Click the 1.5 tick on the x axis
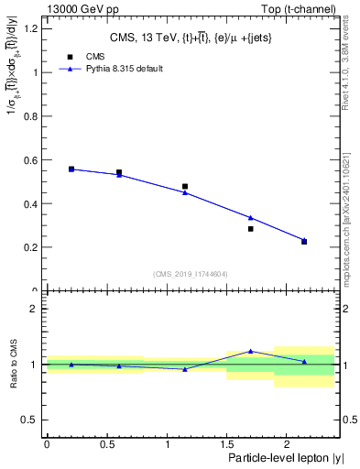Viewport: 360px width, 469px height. pyautogui.click(x=226, y=444)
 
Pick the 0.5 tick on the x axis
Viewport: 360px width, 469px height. pyautogui.click(x=106, y=444)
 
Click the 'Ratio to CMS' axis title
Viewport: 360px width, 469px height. pyautogui.click(x=13, y=365)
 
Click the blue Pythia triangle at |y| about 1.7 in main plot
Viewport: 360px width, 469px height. pyautogui.click(x=250, y=217)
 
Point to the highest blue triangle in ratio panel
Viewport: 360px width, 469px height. pyautogui.click(x=250, y=351)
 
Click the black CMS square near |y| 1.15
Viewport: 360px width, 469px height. pyautogui.click(x=185, y=186)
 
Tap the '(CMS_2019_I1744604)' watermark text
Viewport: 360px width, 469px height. pyautogui.click(x=190, y=274)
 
